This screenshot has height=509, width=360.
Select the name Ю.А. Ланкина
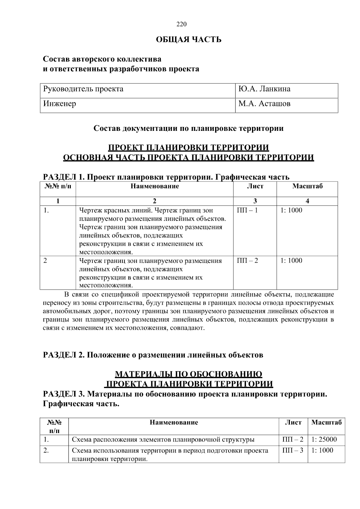click(264, 89)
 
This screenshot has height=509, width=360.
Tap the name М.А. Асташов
click(264, 104)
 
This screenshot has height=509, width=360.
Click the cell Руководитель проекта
click(83, 89)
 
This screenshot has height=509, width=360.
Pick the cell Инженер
click(59, 104)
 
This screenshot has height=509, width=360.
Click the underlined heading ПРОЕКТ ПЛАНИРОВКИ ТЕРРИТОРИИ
click(188, 148)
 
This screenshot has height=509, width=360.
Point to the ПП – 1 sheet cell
click(247, 210)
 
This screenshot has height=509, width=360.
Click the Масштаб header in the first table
click(307, 186)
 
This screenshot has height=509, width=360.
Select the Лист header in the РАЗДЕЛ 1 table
click(255, 186)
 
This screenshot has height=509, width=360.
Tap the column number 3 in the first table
click(255, 201)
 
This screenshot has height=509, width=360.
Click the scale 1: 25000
click(324, 440)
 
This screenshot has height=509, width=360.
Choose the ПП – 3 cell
click(293, 450)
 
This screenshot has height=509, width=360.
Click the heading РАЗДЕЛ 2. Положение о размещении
click(153, 355)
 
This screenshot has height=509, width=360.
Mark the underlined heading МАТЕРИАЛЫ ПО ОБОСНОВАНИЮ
click(188, 374)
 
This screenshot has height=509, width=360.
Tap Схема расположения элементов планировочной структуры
click(163, 440)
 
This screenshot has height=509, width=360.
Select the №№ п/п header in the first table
click(58, 186)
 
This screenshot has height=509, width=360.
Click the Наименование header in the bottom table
click(174, 423)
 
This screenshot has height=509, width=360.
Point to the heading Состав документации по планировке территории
click(188, 128)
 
